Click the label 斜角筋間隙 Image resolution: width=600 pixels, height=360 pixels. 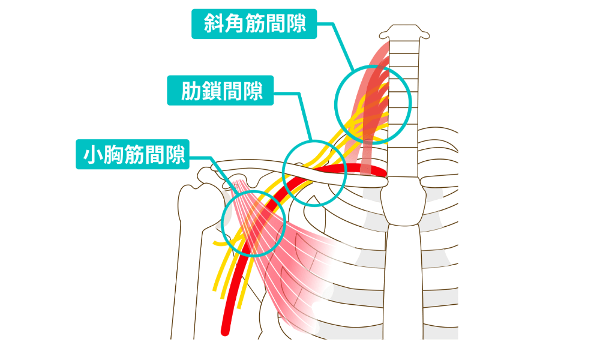[253, 24]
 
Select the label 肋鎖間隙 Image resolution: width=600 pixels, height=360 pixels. [220, 91]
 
